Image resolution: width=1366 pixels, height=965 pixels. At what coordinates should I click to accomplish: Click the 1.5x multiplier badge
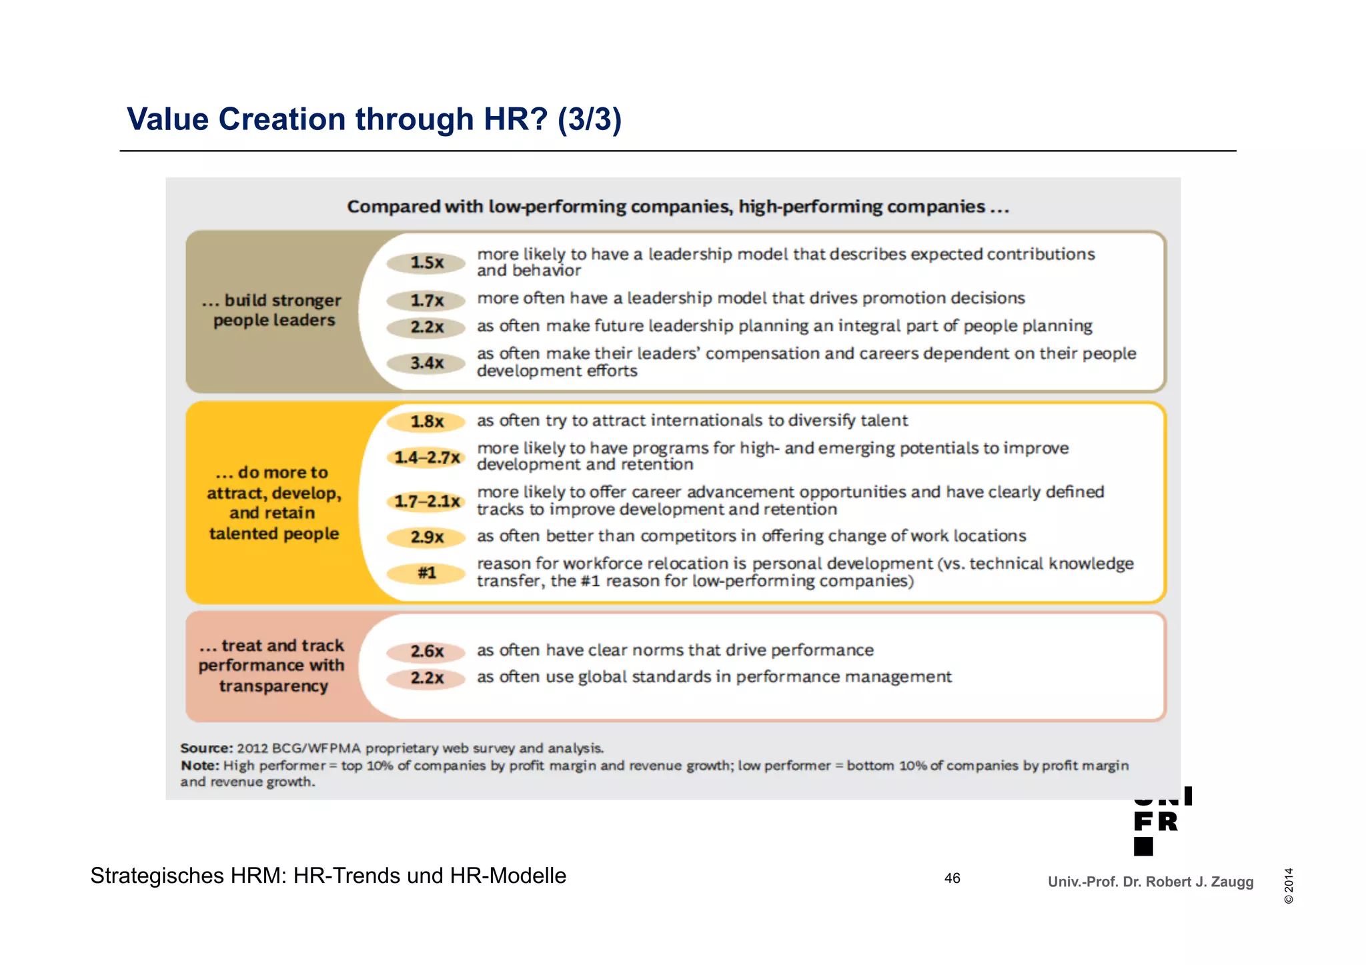coord(426,263)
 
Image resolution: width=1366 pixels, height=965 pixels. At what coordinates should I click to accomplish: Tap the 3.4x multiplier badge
coord(426,363)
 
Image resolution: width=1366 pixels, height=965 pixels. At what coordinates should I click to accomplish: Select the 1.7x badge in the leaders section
coord(426,301)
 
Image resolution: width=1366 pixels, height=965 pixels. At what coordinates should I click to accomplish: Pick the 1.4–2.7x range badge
coord(426,457)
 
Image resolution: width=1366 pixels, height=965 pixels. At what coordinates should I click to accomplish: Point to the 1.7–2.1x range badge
coord(426,502)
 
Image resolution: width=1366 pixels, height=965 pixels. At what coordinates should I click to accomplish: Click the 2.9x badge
coord(426,537)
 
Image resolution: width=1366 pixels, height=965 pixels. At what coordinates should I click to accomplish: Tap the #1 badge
coord(426,573)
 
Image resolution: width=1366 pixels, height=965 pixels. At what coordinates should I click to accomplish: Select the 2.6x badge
coord(426,652)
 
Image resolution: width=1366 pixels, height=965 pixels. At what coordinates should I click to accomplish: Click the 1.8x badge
coord(426,421)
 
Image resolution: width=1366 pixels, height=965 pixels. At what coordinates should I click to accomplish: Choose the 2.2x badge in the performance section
coord(426,678)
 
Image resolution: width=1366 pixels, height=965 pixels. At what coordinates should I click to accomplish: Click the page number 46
coord(952,878)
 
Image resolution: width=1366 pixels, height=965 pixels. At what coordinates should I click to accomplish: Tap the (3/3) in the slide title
coord(590,119)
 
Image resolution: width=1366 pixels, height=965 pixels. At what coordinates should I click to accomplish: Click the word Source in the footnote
coord(206,748)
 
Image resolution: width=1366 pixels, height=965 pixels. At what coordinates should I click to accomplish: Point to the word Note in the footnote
coord(199,766)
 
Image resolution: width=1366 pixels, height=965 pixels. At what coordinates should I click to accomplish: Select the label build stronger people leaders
coord(273,310)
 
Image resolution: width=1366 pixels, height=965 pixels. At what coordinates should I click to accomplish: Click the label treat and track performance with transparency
coord(272,666)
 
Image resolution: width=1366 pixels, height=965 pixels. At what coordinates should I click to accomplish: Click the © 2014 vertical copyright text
coord(1289,886)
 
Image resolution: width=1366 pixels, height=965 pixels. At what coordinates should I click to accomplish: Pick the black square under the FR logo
coord(1143,846)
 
